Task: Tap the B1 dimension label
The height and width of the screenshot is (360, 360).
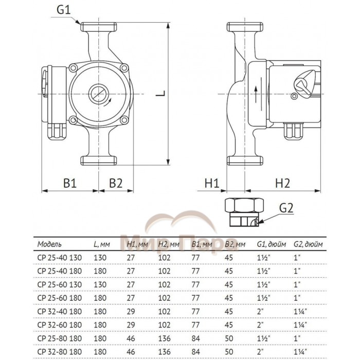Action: pyautogui.click(x=70, y=183)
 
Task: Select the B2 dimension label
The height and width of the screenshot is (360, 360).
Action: pyautogui.click(x=116, y=183)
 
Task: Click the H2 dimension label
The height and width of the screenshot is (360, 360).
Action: pyautogui.click(x=282, y=183)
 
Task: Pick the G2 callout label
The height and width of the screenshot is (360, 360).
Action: pyautogui.click(x=286, y=208)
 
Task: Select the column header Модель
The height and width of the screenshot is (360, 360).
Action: pyautogui.click(x=49, y=243)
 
